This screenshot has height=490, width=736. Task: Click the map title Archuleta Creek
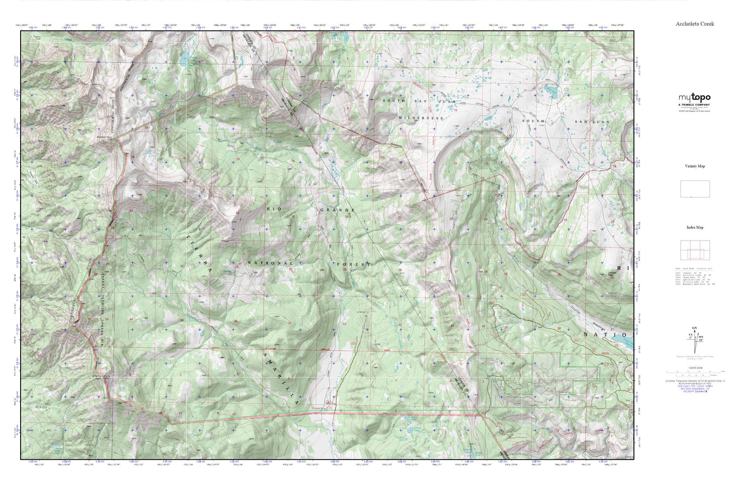tap(695, 24)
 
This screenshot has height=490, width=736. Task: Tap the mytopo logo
tap(694, 98)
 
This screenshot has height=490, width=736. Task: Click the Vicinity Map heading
tap(695, 166)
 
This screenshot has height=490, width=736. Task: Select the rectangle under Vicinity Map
tap(695, 189)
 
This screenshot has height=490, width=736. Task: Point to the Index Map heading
tap(695, 227)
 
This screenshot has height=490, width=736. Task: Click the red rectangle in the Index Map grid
tap(695, 254)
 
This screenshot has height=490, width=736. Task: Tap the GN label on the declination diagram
tap(694, 327)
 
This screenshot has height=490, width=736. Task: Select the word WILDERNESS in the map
tap(421, 118)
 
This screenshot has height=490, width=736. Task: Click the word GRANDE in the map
tap(337, 210)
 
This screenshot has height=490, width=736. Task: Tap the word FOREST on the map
tap(352, 264)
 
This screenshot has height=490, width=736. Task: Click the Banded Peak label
tap(104, 137)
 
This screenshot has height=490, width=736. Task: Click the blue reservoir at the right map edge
tap(626, 344)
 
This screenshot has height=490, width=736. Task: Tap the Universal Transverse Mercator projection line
tap(695, 381)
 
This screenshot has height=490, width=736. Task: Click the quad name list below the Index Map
tap(695, 276)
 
